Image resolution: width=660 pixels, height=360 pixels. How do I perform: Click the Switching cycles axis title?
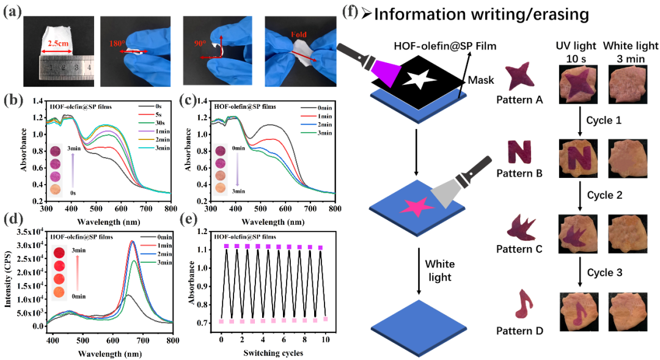(273, 353)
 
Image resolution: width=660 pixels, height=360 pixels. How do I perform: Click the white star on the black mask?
(414, 78)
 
